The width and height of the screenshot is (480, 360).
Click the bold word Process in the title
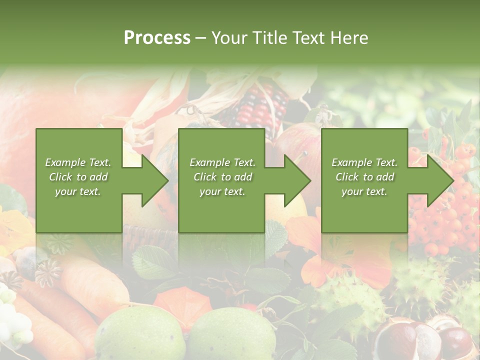coord(157,37)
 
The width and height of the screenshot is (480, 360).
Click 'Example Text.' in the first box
coord(78,162)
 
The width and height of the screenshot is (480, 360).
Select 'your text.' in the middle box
coord(222,191)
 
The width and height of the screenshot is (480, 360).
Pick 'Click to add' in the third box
coord(365,177)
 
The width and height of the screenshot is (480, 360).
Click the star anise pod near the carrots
coord(48,272)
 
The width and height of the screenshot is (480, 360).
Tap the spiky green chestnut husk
coord(350,297)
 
